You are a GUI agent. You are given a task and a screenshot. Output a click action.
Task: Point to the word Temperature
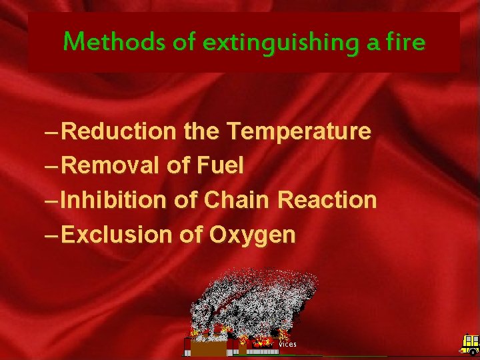pyautogui.click(x=298, y=131)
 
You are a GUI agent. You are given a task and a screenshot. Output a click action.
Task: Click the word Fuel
pyautogui.click(x=221, y=165)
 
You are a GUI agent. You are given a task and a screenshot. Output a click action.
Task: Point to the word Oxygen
pyautogui.click(x=252, y=234)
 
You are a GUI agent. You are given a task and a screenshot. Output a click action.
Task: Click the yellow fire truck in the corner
pyautogui.click(x=470, y=344)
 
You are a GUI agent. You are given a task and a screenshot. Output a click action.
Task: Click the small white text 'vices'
pyautogui.click(x=287, y=344)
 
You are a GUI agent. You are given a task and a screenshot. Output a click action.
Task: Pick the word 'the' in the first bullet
pyautogui.click(x=201, y=131)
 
